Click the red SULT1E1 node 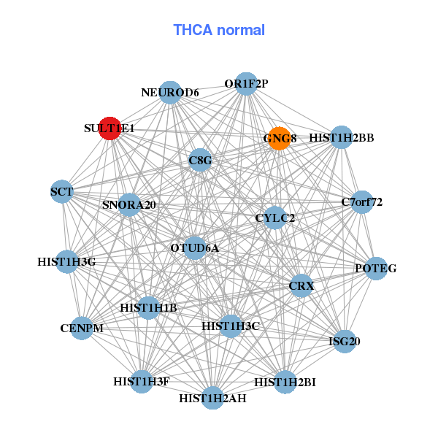pyautogui.click(x=109, y=128)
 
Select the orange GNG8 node pyautogui.click(x=280, y=139)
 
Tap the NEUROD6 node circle pyautogui.click(x=170, y=92)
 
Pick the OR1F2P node pyautogui.click(x=246, y=83)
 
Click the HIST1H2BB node pyautogui.click(x=341, y=137)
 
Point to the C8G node pyautogui.click(x=200, y=160)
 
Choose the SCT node pyautogui.click(x=62, y=192)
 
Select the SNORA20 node pyautogui.click(x=129, y=204)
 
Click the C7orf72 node pyautogui.click(x=362, y=201)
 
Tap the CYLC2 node pyautogui.click(x=274, y=218)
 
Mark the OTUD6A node pyautogui.click(x=194, y=248)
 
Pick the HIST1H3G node pyautogui.click(x=66, y=261)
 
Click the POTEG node pyautogui.click(x=375, y=269)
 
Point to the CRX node pyautogui.click(x=301, y=285)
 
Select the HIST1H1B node pyautogui.click(x=149, y=308)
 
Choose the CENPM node pyautogui.click(x=82, y=328)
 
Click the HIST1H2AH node pyautogui.click(x=212, y=398)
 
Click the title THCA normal pyautogui.click(x=219, y=30)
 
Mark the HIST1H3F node pyautogui.click(x=142, y=381)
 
